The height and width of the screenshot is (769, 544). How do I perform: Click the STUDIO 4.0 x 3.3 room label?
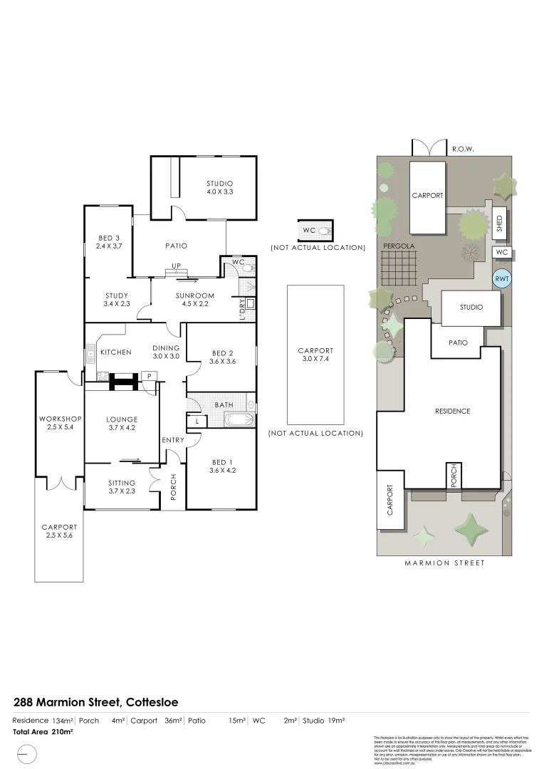click(x=220, y=187)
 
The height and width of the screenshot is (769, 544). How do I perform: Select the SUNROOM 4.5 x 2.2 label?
click(x=195, y=300)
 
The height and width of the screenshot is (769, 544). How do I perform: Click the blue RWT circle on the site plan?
click(x=502, y=279)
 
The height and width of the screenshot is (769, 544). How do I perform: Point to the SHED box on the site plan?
click(x=500, y=224)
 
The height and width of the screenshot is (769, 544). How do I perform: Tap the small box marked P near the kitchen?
click(x=150, y=377)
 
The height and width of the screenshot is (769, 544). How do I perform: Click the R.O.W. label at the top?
click(x=463, y=150)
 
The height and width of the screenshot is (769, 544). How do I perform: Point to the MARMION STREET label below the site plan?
click(x=444, y=563)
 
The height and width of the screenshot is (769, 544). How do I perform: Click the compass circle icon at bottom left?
click(x=26, y=753)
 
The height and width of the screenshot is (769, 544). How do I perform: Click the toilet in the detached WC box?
click(x=324, y=231)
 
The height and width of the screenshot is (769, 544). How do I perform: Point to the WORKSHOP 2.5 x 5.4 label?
click(x=61, y=423)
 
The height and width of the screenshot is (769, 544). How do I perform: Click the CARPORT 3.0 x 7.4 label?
click(x=315, y=355)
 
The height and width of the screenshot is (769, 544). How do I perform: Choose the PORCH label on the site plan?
click(x=452, y=475)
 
